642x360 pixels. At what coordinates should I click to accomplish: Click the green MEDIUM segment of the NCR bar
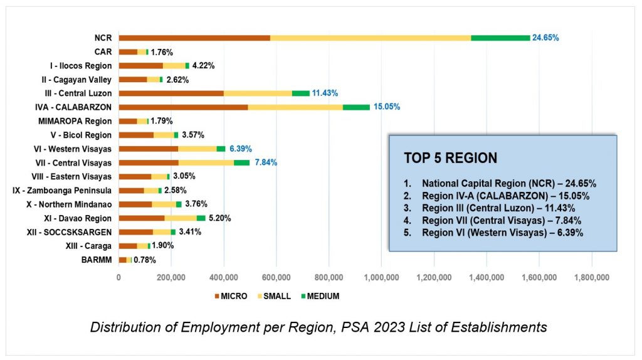click(500, 38)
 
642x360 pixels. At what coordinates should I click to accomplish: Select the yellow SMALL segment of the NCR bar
click(370, 38)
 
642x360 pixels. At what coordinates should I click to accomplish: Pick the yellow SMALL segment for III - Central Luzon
click(258, 93)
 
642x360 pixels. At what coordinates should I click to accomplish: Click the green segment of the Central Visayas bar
click(241, 162)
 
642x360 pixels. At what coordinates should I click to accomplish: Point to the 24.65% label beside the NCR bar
click(545, 38)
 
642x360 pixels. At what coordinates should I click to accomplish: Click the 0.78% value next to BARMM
click(145, 260)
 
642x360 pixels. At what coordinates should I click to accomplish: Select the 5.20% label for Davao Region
click(219, 218)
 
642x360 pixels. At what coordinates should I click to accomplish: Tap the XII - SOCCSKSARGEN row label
click(71, 232)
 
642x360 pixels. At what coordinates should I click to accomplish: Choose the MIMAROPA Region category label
click(75, 121)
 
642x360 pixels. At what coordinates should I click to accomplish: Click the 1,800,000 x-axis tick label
click(592, 277)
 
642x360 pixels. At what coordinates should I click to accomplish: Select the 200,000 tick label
click(171, 277)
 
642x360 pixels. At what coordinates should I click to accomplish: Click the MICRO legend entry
click(231, 296)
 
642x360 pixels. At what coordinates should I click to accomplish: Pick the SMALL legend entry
click(273, 296)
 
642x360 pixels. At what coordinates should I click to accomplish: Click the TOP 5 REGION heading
click(450, 158)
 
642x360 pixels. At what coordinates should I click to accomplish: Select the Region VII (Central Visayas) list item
click(502, 220)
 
